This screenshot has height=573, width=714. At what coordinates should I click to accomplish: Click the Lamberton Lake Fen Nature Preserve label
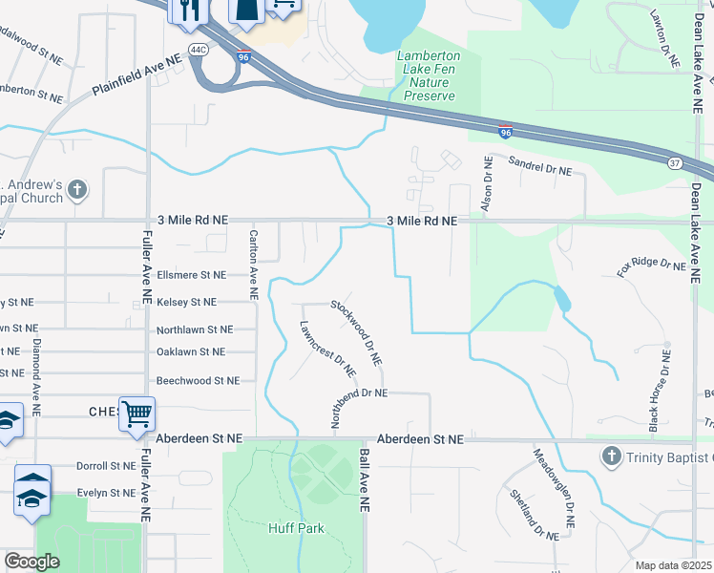point(429,75)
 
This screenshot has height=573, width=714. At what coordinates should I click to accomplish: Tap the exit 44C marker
point(199,49)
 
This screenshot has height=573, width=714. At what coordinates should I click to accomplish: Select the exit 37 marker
point(674,162)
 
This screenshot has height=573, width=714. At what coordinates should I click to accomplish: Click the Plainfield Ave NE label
point(136,75)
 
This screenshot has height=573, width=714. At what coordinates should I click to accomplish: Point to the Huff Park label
point(296,528)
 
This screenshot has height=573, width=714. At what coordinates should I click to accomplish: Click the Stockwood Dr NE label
point(357,332)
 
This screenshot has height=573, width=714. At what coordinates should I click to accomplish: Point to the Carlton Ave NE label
point(254,265)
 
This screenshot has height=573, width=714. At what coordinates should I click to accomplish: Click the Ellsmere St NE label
point(191,275)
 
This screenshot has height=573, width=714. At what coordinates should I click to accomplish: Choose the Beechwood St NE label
point(198,380)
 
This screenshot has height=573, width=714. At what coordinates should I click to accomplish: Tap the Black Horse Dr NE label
point(660,391)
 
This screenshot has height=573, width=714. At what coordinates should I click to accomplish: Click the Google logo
point(31,562)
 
